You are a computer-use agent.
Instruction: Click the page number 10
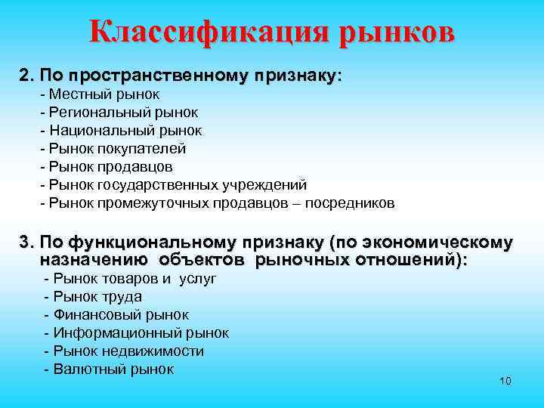(505, 380)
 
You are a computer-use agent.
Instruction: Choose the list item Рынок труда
(93, 297)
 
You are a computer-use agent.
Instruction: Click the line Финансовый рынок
(116, 315)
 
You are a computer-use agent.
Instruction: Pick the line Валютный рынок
(109, 369)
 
